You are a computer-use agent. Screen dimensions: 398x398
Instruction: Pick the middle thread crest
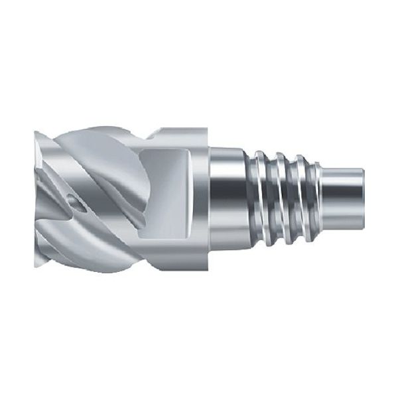pos(283,199)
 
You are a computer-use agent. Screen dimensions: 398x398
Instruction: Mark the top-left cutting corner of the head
pos(34,133)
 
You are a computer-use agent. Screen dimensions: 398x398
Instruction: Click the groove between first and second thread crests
pos(272,199)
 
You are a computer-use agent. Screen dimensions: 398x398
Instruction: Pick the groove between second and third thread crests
pos(295,199)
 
